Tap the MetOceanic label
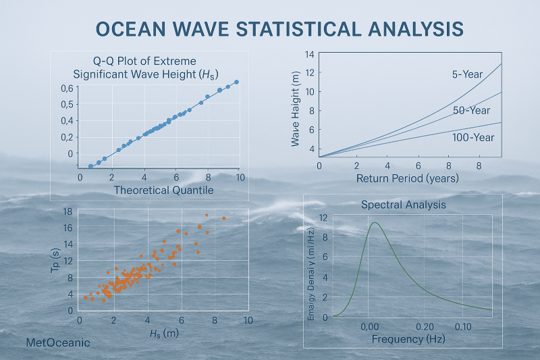(57, 342)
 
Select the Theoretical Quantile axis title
(163, 190)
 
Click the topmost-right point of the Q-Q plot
(236, 82)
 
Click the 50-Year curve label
(472, 110)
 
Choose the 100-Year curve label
(473, 137)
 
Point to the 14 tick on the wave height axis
(310, 55)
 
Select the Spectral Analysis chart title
(403, 204)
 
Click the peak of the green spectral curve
(374, 222)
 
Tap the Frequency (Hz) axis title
(404, 338)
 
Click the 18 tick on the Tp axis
(67, 212)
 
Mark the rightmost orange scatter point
(223, 218)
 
